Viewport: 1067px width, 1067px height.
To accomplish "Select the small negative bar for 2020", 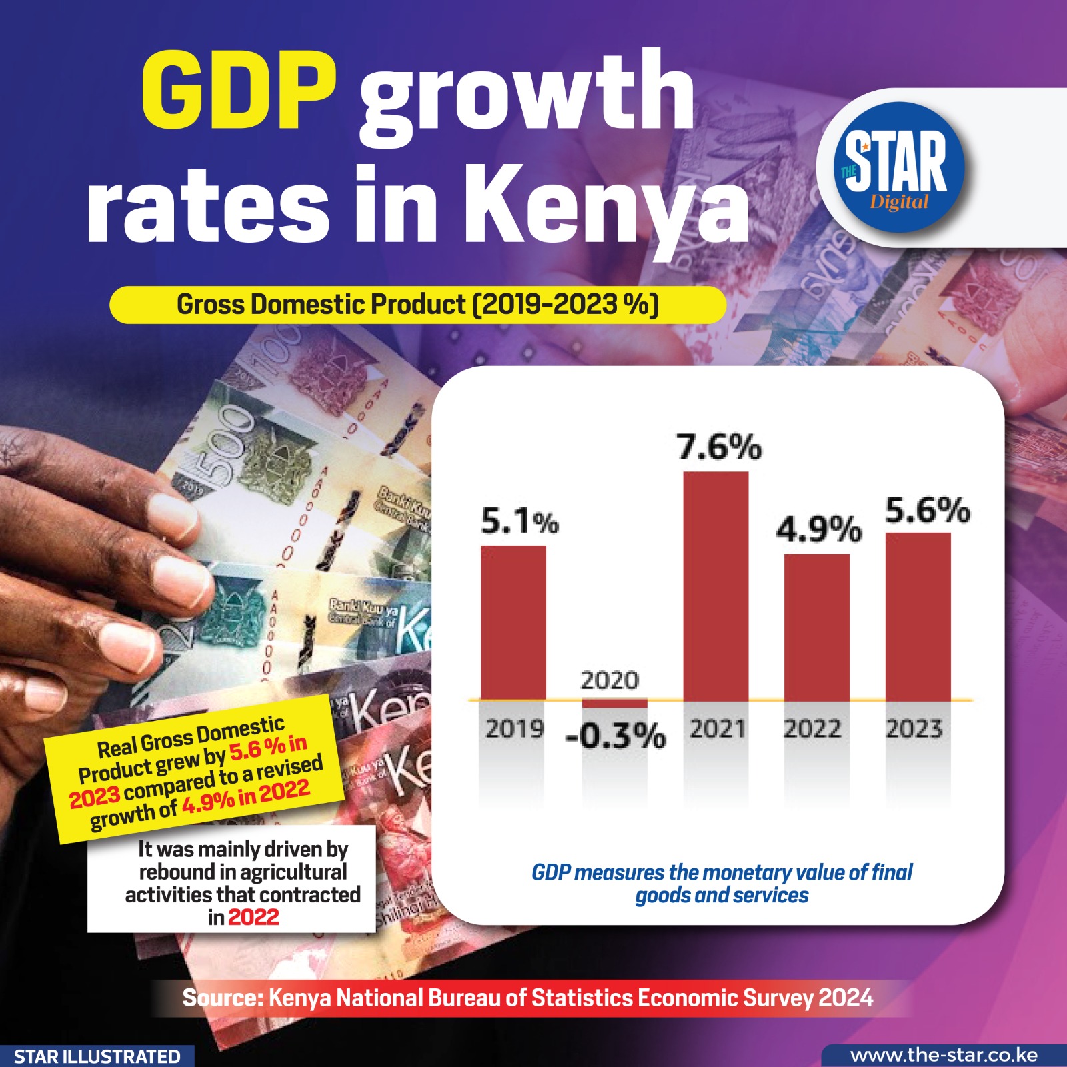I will coord(614,704).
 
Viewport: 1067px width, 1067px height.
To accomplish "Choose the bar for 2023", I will coord(918,616).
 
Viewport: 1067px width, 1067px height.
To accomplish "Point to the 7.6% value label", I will coord(719,447).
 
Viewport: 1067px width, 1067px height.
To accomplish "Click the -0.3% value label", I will coord(615,736).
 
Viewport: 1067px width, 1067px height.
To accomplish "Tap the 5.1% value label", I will coord(519,521).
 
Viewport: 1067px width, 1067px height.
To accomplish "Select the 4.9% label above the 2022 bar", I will coord(819,529).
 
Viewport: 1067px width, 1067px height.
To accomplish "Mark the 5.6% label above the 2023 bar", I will coord(927,511).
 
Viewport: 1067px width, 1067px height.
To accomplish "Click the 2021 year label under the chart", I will coord(717,728).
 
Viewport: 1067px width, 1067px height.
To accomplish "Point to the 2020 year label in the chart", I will coord(610,680).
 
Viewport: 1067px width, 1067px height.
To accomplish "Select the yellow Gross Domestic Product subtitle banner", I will coord(417,305).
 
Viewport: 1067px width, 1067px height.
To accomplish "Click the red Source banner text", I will coord(527,998).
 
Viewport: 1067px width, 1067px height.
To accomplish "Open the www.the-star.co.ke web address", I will coord(944,1056).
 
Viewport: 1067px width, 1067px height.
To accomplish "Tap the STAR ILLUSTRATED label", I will coord(97,1056).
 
